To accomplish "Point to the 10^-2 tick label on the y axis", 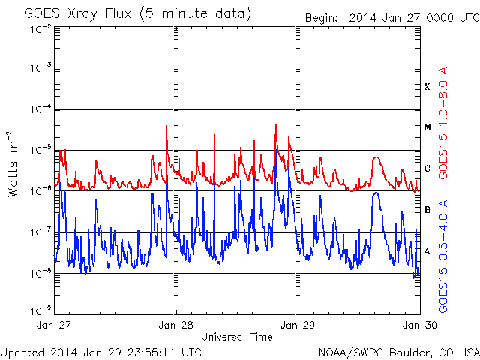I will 40,28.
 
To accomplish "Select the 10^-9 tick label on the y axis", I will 40,309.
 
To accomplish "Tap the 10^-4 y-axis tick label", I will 40,109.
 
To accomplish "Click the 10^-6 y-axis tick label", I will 40,190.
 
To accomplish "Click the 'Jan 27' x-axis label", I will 55,325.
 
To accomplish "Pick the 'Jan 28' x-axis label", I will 176,325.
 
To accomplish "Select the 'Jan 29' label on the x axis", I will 298,325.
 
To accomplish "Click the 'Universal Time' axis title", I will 237,337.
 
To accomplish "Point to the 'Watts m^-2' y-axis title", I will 13,163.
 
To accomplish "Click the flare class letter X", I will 427,87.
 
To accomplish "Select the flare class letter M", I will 427,127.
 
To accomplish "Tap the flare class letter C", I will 427,169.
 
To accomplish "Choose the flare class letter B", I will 427,210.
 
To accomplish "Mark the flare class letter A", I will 427,251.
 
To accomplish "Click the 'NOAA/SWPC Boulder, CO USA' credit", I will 398,351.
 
